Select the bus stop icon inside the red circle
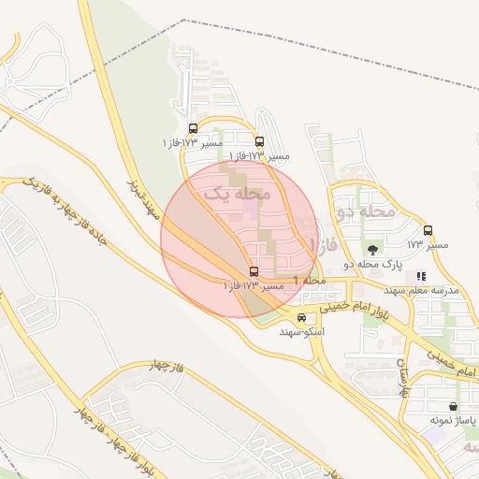point(254,270)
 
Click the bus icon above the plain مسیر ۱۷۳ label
point(428,230)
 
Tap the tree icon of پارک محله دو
point(373,249)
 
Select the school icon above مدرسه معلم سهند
point(421,276)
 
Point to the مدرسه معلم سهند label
point(425,291)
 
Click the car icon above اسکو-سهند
point(300,317)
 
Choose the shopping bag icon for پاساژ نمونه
point(454,407)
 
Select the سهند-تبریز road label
point(147,197)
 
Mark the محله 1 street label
point(309,281)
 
